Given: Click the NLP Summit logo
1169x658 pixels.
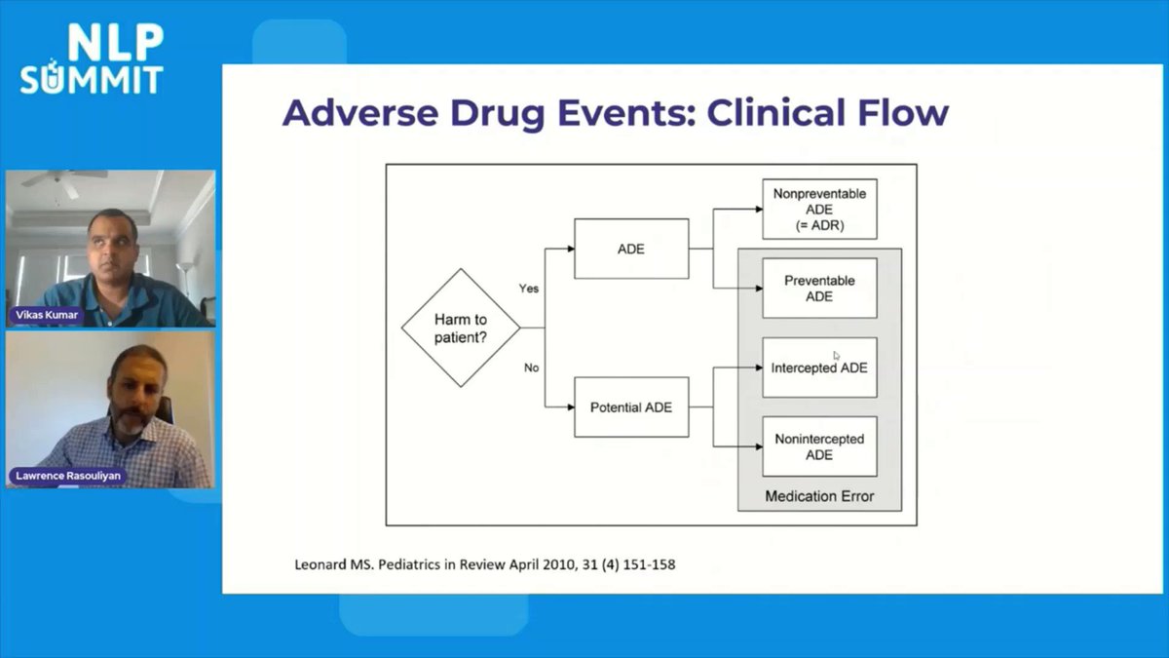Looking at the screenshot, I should click(x=92, y=60).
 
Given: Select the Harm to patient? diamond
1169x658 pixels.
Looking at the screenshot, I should click(x=461, y=328).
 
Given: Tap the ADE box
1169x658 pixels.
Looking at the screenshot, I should click(x=631, y=249).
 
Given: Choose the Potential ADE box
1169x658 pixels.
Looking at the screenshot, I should click(x=631, y=406).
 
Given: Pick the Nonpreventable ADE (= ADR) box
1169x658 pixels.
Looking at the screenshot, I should click(x=819, y=209).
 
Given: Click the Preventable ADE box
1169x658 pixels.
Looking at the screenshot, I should click(x=819, y=288).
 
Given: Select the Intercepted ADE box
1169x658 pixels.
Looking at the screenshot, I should click(x=819, y=368).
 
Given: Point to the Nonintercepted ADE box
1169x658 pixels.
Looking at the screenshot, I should click(x=819, y=446).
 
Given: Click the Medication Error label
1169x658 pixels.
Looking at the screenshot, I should click(x=819, y=496).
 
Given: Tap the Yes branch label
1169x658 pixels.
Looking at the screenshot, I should click(x=529, y=289).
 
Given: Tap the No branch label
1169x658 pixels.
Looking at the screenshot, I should click(x=531, y=368).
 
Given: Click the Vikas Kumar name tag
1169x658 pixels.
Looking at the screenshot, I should click(x=47, y=315).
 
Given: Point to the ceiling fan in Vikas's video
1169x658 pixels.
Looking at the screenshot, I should click(x=64, y=178).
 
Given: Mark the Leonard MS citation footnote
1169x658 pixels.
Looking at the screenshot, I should click(x=484, y=563).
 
